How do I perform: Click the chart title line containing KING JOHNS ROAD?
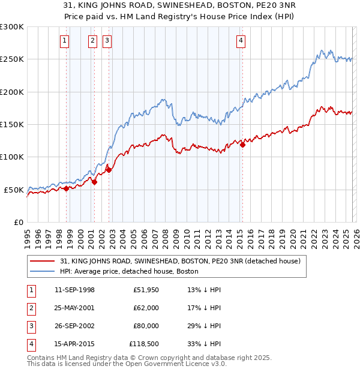(x=179, y=4)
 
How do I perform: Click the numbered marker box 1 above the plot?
(x=64, y=41)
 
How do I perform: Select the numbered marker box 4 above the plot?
(x=241, y=41)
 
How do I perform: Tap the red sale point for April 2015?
(x=243, y=145)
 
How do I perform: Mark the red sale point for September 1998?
(x=67, y=188)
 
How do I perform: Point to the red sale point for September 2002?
(x=109, y=170)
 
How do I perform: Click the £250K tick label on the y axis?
(x=12, y=59)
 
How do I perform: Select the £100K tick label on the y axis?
(x=12, y=157)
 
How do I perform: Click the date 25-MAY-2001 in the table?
(x=74, y=307)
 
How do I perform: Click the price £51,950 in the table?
(x=146, y=289)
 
